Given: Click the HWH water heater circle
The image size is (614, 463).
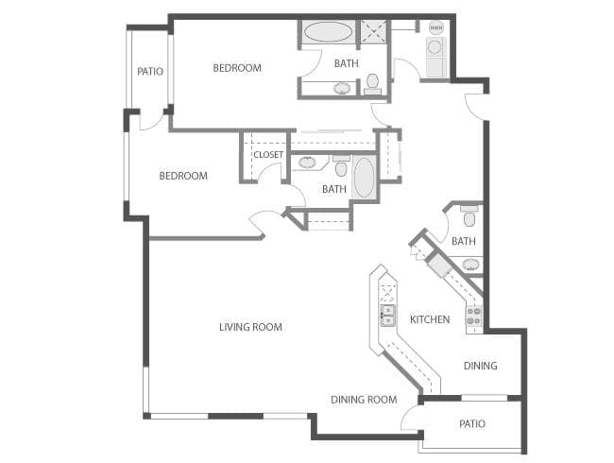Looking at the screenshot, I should tap(435, 27).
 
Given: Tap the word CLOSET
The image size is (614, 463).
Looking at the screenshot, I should tap(268, 155).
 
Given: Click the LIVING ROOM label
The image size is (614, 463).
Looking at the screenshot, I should tap(250, 327).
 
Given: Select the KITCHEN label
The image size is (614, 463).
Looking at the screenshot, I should tap(430, 319).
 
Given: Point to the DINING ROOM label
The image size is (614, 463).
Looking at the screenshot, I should tap(364, 400).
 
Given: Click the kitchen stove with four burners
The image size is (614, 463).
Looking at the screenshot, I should tap(473, 314).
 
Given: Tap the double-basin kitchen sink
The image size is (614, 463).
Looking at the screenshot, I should tap(387, 315).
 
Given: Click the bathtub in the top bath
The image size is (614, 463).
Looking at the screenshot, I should tap(328, 32).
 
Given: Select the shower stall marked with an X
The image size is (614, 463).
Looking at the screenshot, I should tap(374, 32).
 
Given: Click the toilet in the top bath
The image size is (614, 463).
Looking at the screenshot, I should tap(372, 83).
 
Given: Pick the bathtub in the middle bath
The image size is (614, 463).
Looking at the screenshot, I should tap(364, 178).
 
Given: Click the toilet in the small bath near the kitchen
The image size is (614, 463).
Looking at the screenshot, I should tap(469, 216).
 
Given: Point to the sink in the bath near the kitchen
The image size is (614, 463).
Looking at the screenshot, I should tap(470, 264).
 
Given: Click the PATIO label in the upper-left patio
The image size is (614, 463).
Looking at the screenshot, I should tap(149, 71).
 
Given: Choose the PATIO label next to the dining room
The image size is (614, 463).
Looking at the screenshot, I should tap(472, 423).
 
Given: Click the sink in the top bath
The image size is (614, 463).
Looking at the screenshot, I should tap(342, 89).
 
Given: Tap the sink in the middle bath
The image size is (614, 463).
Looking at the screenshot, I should tap(308, 163).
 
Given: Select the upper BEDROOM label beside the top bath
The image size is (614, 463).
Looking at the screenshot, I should tap(237, 67).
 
